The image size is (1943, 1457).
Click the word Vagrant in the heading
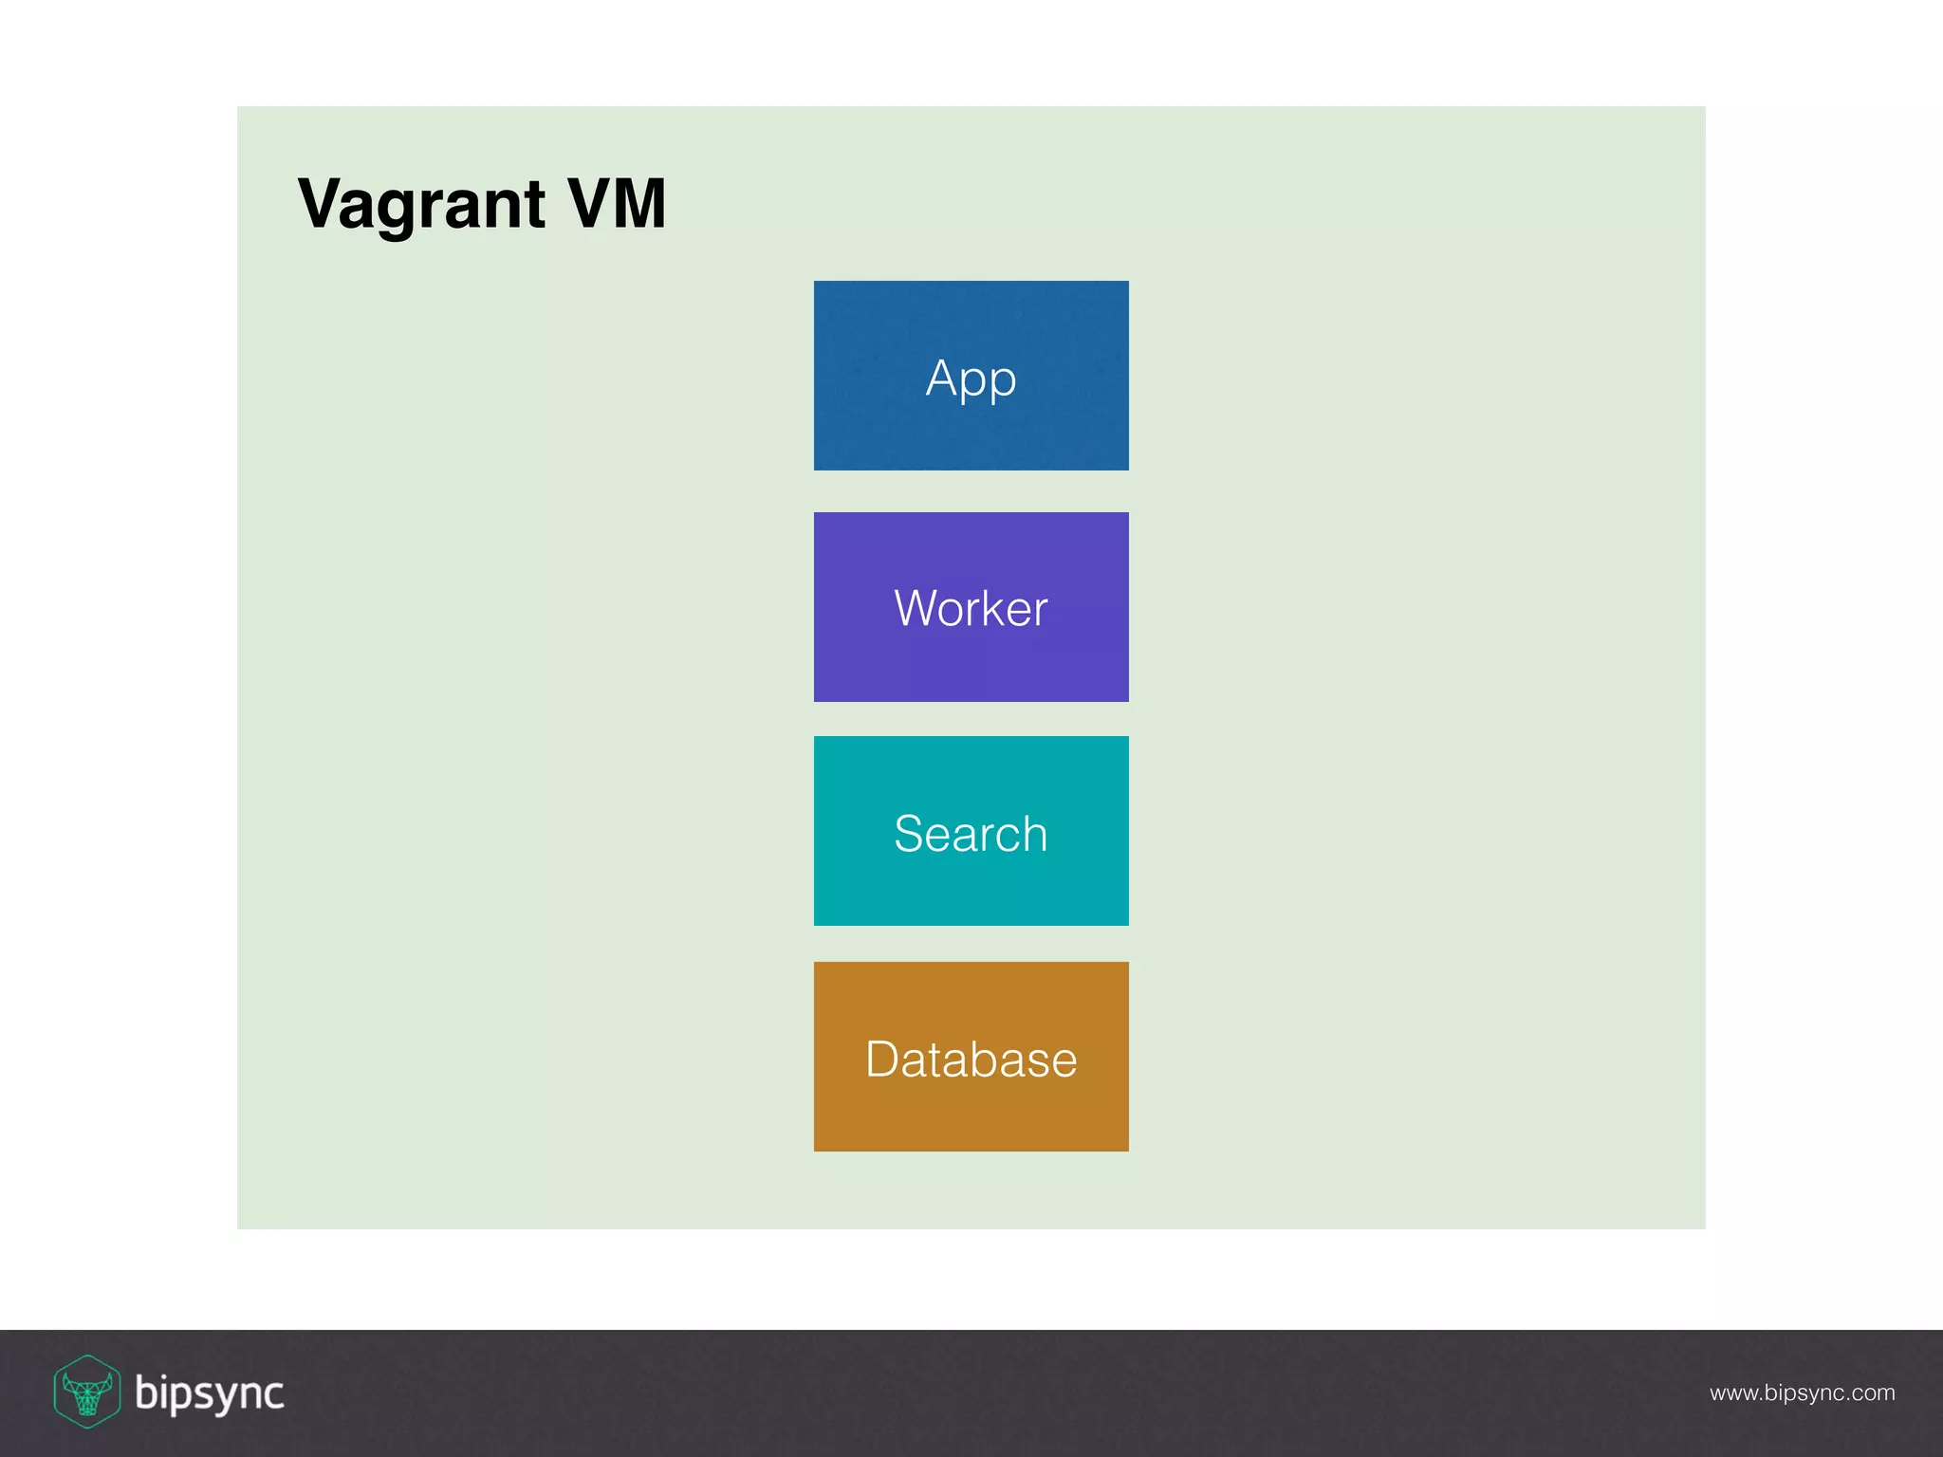click(421, 204)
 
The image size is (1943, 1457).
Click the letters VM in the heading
click(617, 203)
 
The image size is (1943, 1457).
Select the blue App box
click(971, 376)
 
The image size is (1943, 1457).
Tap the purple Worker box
click(971, 607)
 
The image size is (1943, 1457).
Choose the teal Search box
click(971, 831)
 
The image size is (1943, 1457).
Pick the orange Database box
click(971, 1057)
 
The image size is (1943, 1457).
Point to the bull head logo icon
click(86, 1392)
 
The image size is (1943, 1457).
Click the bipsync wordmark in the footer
click(209, 1392)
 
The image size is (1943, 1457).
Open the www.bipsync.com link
click(1802, 1392)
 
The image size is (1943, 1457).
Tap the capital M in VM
click(638, 203)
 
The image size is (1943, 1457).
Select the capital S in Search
click(909, 834)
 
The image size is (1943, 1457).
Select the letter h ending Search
click(1035, 834)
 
